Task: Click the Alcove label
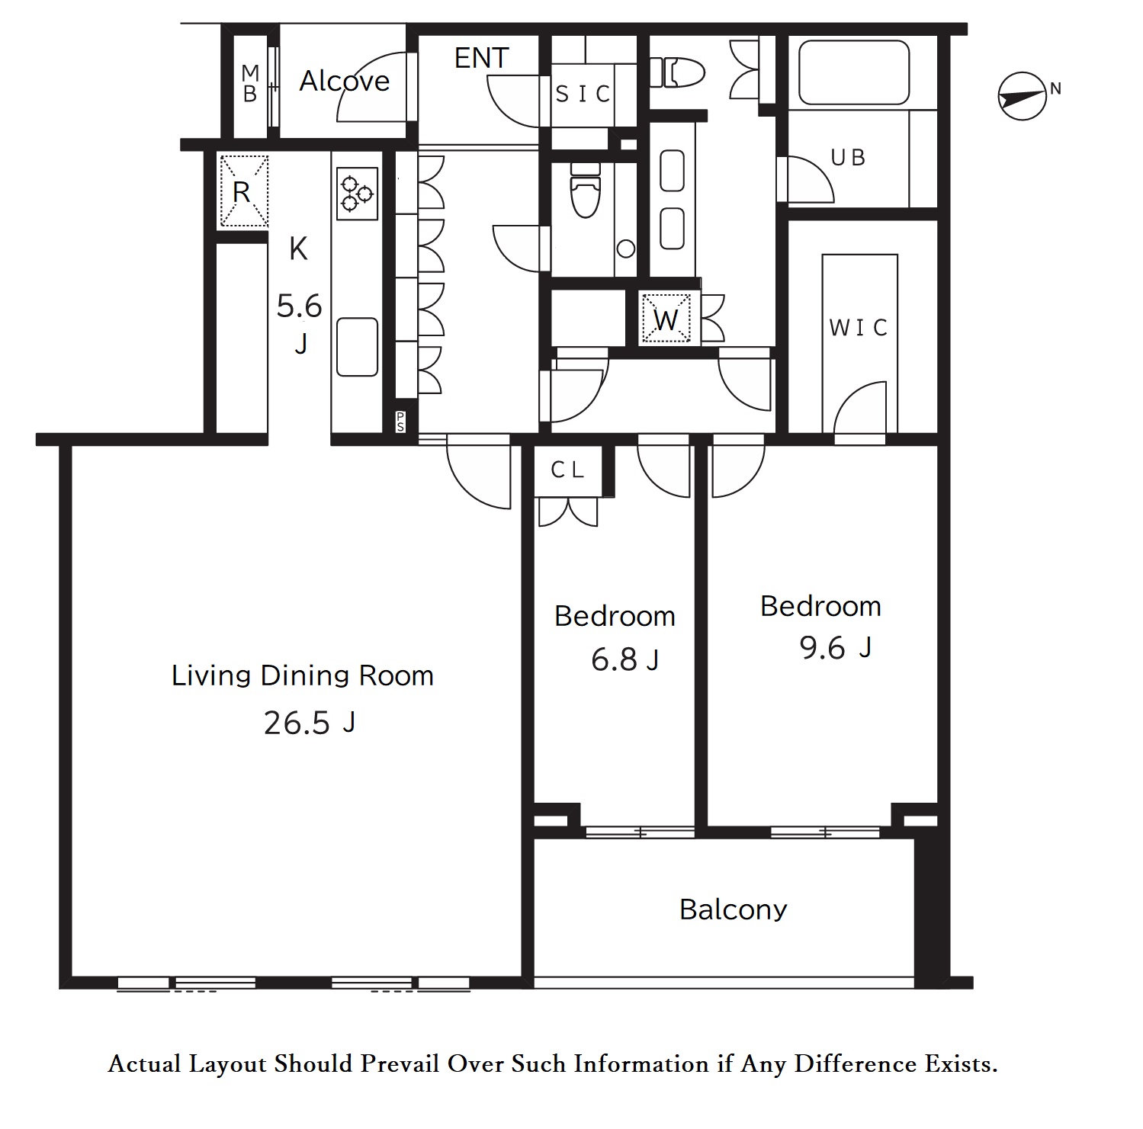pos(345,81)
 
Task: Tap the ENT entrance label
pos(481,58)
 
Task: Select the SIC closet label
pos(583,94)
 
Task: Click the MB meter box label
pos(250,84)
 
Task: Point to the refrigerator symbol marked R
pos(243,191)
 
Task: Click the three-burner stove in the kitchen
pos(357,193)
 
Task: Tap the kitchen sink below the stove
pos(357,347)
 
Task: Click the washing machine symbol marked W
pos(666,319)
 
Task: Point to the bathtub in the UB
pos(853,72)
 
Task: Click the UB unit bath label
pos(848,158)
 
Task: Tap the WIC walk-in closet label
pos(859,328)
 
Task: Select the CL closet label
pos(568,470)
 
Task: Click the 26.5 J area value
pos(310,723)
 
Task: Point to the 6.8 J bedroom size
pos(625,659)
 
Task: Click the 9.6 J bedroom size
pos(835,648)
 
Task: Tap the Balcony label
pos(733,909)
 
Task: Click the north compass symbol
pos(1022,96)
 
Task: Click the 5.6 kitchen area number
pos(299,306)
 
